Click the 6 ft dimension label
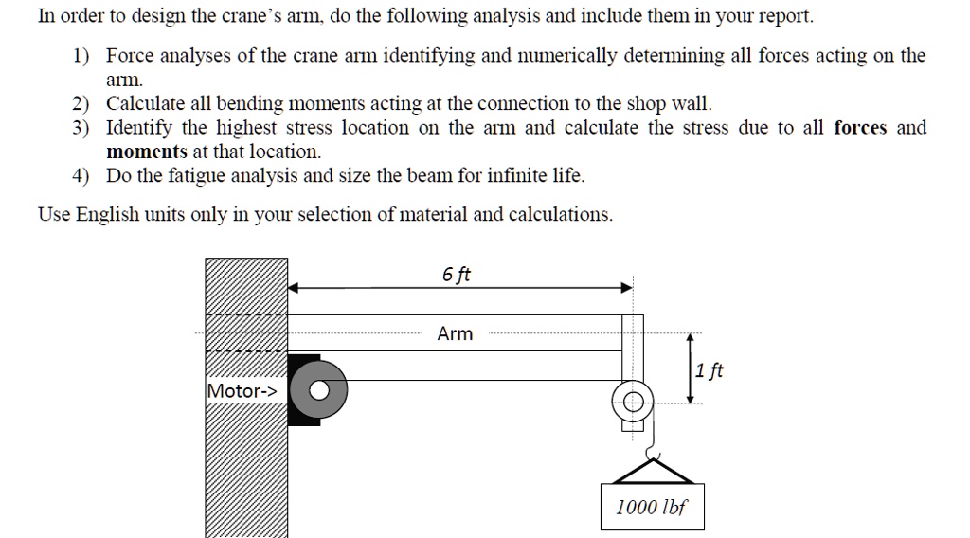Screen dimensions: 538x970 pyautogui.click(x=456, y=275)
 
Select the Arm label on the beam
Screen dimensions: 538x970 pyautogui.click(x=455, y=333)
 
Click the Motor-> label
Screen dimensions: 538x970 pyautogui.click(x=242, y=390)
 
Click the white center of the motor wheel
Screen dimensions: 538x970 pyautogui.click(x=319, y=389)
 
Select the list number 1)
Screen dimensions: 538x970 pyautogui.click(x=81, y=56)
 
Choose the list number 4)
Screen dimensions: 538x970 pyautogui.click(x=81, y=176)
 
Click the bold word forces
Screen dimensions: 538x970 pyautogui.click(x=860, y=128)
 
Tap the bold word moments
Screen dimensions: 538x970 pyautogui.click(x=146, y=152)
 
